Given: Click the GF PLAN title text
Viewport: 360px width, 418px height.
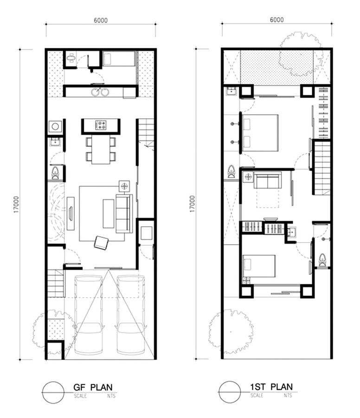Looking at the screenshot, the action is point(93,387).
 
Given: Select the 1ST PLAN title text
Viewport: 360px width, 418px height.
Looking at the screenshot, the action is point(271,387).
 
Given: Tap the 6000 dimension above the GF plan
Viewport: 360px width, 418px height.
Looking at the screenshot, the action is point(101,20).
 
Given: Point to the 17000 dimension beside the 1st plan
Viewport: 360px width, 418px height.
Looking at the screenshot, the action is point(192,204).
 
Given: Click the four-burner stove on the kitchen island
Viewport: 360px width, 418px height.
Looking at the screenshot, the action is point(101,125).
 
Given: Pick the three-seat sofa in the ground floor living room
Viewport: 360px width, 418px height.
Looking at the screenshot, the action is point(124,214).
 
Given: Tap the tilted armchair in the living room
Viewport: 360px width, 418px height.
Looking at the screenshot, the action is point(101,242).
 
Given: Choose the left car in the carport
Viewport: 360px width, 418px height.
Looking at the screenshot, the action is point(89,315).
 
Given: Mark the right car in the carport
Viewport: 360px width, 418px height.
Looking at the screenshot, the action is point(131,315).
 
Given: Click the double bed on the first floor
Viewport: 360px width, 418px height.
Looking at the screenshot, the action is point(260,133).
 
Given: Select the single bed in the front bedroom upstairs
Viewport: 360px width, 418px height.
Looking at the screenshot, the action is point(259,266).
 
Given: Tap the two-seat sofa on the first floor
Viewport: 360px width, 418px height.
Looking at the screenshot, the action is point(268,180).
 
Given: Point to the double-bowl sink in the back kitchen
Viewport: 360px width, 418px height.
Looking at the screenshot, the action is point(100,92).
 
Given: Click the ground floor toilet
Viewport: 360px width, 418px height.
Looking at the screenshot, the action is point(55,173).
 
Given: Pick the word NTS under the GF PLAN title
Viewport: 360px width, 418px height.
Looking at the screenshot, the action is point(111,396).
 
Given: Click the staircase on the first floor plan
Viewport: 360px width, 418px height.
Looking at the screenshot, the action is point(322,167).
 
